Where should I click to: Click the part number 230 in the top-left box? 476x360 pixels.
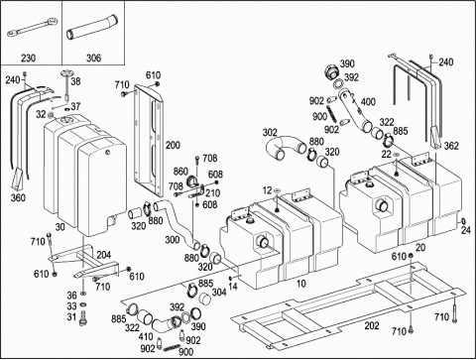coord(28,59)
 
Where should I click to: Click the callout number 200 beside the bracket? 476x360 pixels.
coord(173,145)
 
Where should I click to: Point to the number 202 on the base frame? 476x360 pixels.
coord(372,325)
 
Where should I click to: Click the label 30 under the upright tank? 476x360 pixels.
coord(60,227)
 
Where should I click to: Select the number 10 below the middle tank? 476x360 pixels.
coord(301,284)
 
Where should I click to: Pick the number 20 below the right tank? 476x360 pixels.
coord(420,247)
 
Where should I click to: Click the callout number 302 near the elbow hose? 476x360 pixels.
coord(270,133)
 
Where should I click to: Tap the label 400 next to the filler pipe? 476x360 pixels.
coord(368,101)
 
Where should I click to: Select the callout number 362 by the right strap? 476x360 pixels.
coord(451,146)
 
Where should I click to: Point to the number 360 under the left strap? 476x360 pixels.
coord(18,197)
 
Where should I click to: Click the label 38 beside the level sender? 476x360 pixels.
coord(75,81)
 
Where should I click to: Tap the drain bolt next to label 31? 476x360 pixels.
coord(82,319)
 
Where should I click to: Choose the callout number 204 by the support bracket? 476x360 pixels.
coord(104,255)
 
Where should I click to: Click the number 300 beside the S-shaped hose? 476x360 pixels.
coord(173,240)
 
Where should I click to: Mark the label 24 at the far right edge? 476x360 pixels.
coord(466,230)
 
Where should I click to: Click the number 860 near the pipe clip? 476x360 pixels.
coord(180,172)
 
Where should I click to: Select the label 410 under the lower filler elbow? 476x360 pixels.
coord(146,336)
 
